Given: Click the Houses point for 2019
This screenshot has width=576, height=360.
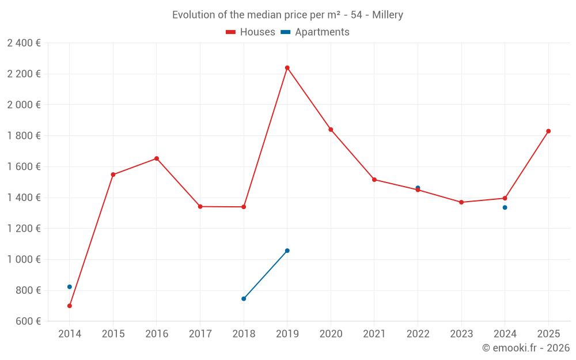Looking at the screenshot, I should coord(287,68).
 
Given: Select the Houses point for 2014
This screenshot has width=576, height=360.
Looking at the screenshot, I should coord(70,306).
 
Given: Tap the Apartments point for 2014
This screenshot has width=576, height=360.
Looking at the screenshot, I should coord(70,287).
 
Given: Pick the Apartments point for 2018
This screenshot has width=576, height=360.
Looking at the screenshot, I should coord(244,299).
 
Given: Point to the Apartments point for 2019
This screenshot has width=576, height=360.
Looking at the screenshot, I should coord(287,251).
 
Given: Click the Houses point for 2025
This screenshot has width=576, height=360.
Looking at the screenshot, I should coord(548,131).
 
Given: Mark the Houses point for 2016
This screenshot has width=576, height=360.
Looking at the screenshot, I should coord(157,158).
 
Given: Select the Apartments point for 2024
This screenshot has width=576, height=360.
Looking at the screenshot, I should coord(505,207).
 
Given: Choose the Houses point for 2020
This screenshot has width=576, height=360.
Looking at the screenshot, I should coord(331,130).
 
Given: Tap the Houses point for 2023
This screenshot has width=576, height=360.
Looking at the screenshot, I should coord(461,202).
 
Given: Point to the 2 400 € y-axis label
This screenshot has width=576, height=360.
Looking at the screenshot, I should coord(24,43).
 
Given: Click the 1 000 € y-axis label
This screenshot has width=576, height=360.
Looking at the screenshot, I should coord(24,259).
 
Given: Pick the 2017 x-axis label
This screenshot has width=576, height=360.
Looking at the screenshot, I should coord(200,334).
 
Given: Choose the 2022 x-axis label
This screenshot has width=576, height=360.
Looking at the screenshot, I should coord(418,334).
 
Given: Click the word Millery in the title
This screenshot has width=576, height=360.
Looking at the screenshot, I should coord(387,15).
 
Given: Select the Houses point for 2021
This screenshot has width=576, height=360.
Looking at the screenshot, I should coord(374,180).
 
